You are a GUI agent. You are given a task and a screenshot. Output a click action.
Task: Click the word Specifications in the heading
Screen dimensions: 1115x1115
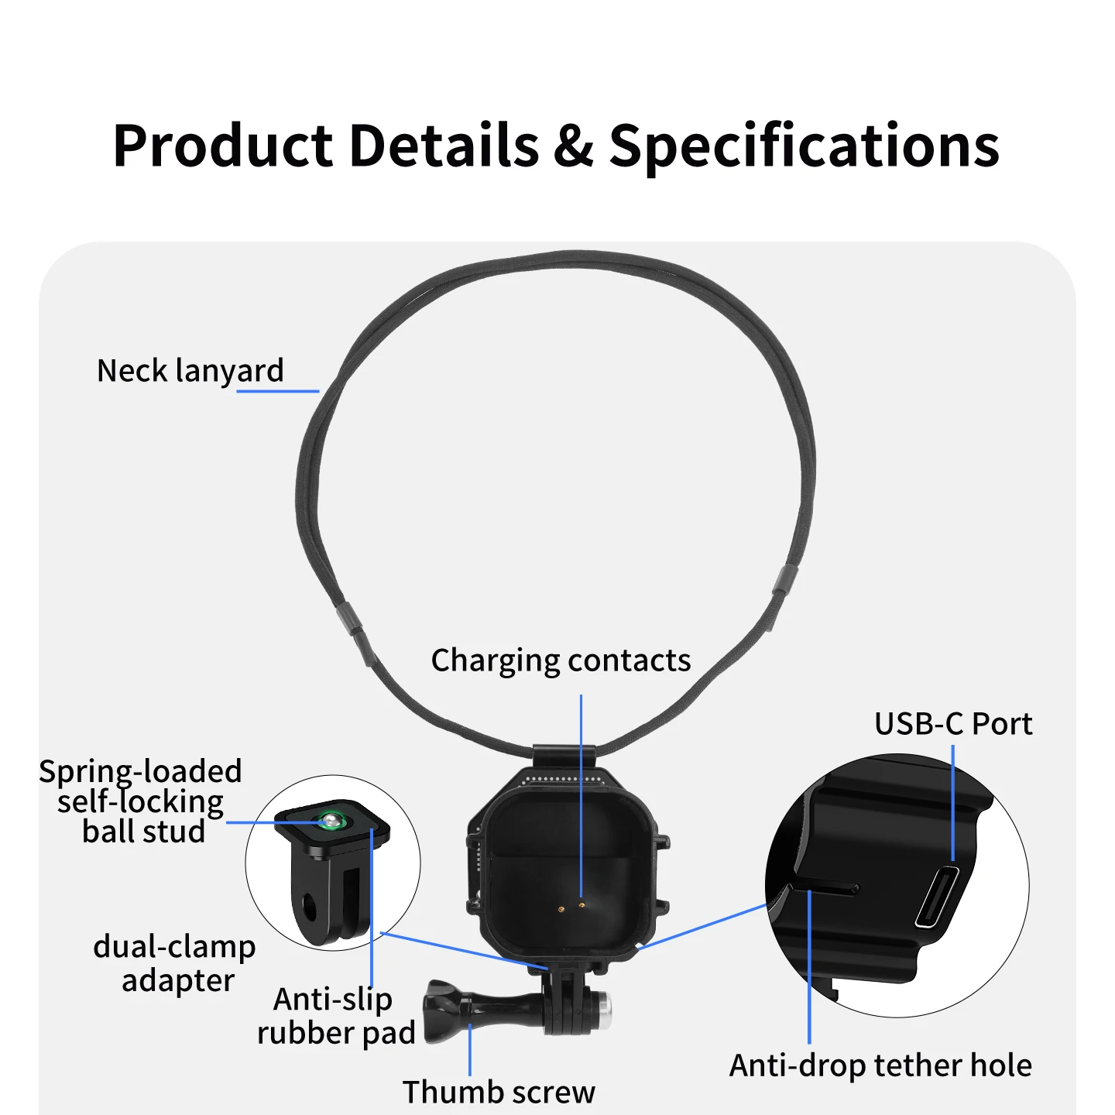(x=805, y=146)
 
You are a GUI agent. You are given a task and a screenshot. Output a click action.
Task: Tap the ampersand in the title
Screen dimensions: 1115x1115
(x=573, y=146)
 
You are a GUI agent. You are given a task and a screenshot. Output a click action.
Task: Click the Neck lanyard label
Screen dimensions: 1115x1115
(x=190, y=371)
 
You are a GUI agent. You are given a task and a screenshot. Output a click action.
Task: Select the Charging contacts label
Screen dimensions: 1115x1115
(x=561, y=660)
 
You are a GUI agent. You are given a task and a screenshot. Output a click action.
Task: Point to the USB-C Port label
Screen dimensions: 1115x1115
(x=953, y=723)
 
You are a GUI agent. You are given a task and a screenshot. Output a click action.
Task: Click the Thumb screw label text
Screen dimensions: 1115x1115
(x=499, y=1092)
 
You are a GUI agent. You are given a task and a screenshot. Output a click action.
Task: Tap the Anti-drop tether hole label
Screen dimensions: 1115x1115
(x=880, y=1065)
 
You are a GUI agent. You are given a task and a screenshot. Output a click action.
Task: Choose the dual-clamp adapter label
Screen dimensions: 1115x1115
(x=175, y=963)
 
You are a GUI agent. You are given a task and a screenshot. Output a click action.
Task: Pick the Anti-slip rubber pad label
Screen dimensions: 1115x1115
(x=336, y=1016)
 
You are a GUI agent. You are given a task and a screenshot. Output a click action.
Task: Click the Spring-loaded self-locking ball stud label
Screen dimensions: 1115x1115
(x=141, y=801)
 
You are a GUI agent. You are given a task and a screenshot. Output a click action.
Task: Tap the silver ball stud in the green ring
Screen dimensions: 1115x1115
(x=330, y=819)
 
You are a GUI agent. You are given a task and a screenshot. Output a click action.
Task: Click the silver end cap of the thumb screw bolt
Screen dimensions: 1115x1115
(x=604, y=1010)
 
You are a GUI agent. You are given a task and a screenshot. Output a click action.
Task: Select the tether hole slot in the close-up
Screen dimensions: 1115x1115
(x=828, y=887)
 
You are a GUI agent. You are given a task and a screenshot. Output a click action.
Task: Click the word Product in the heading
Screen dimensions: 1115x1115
(x=223, y=146)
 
